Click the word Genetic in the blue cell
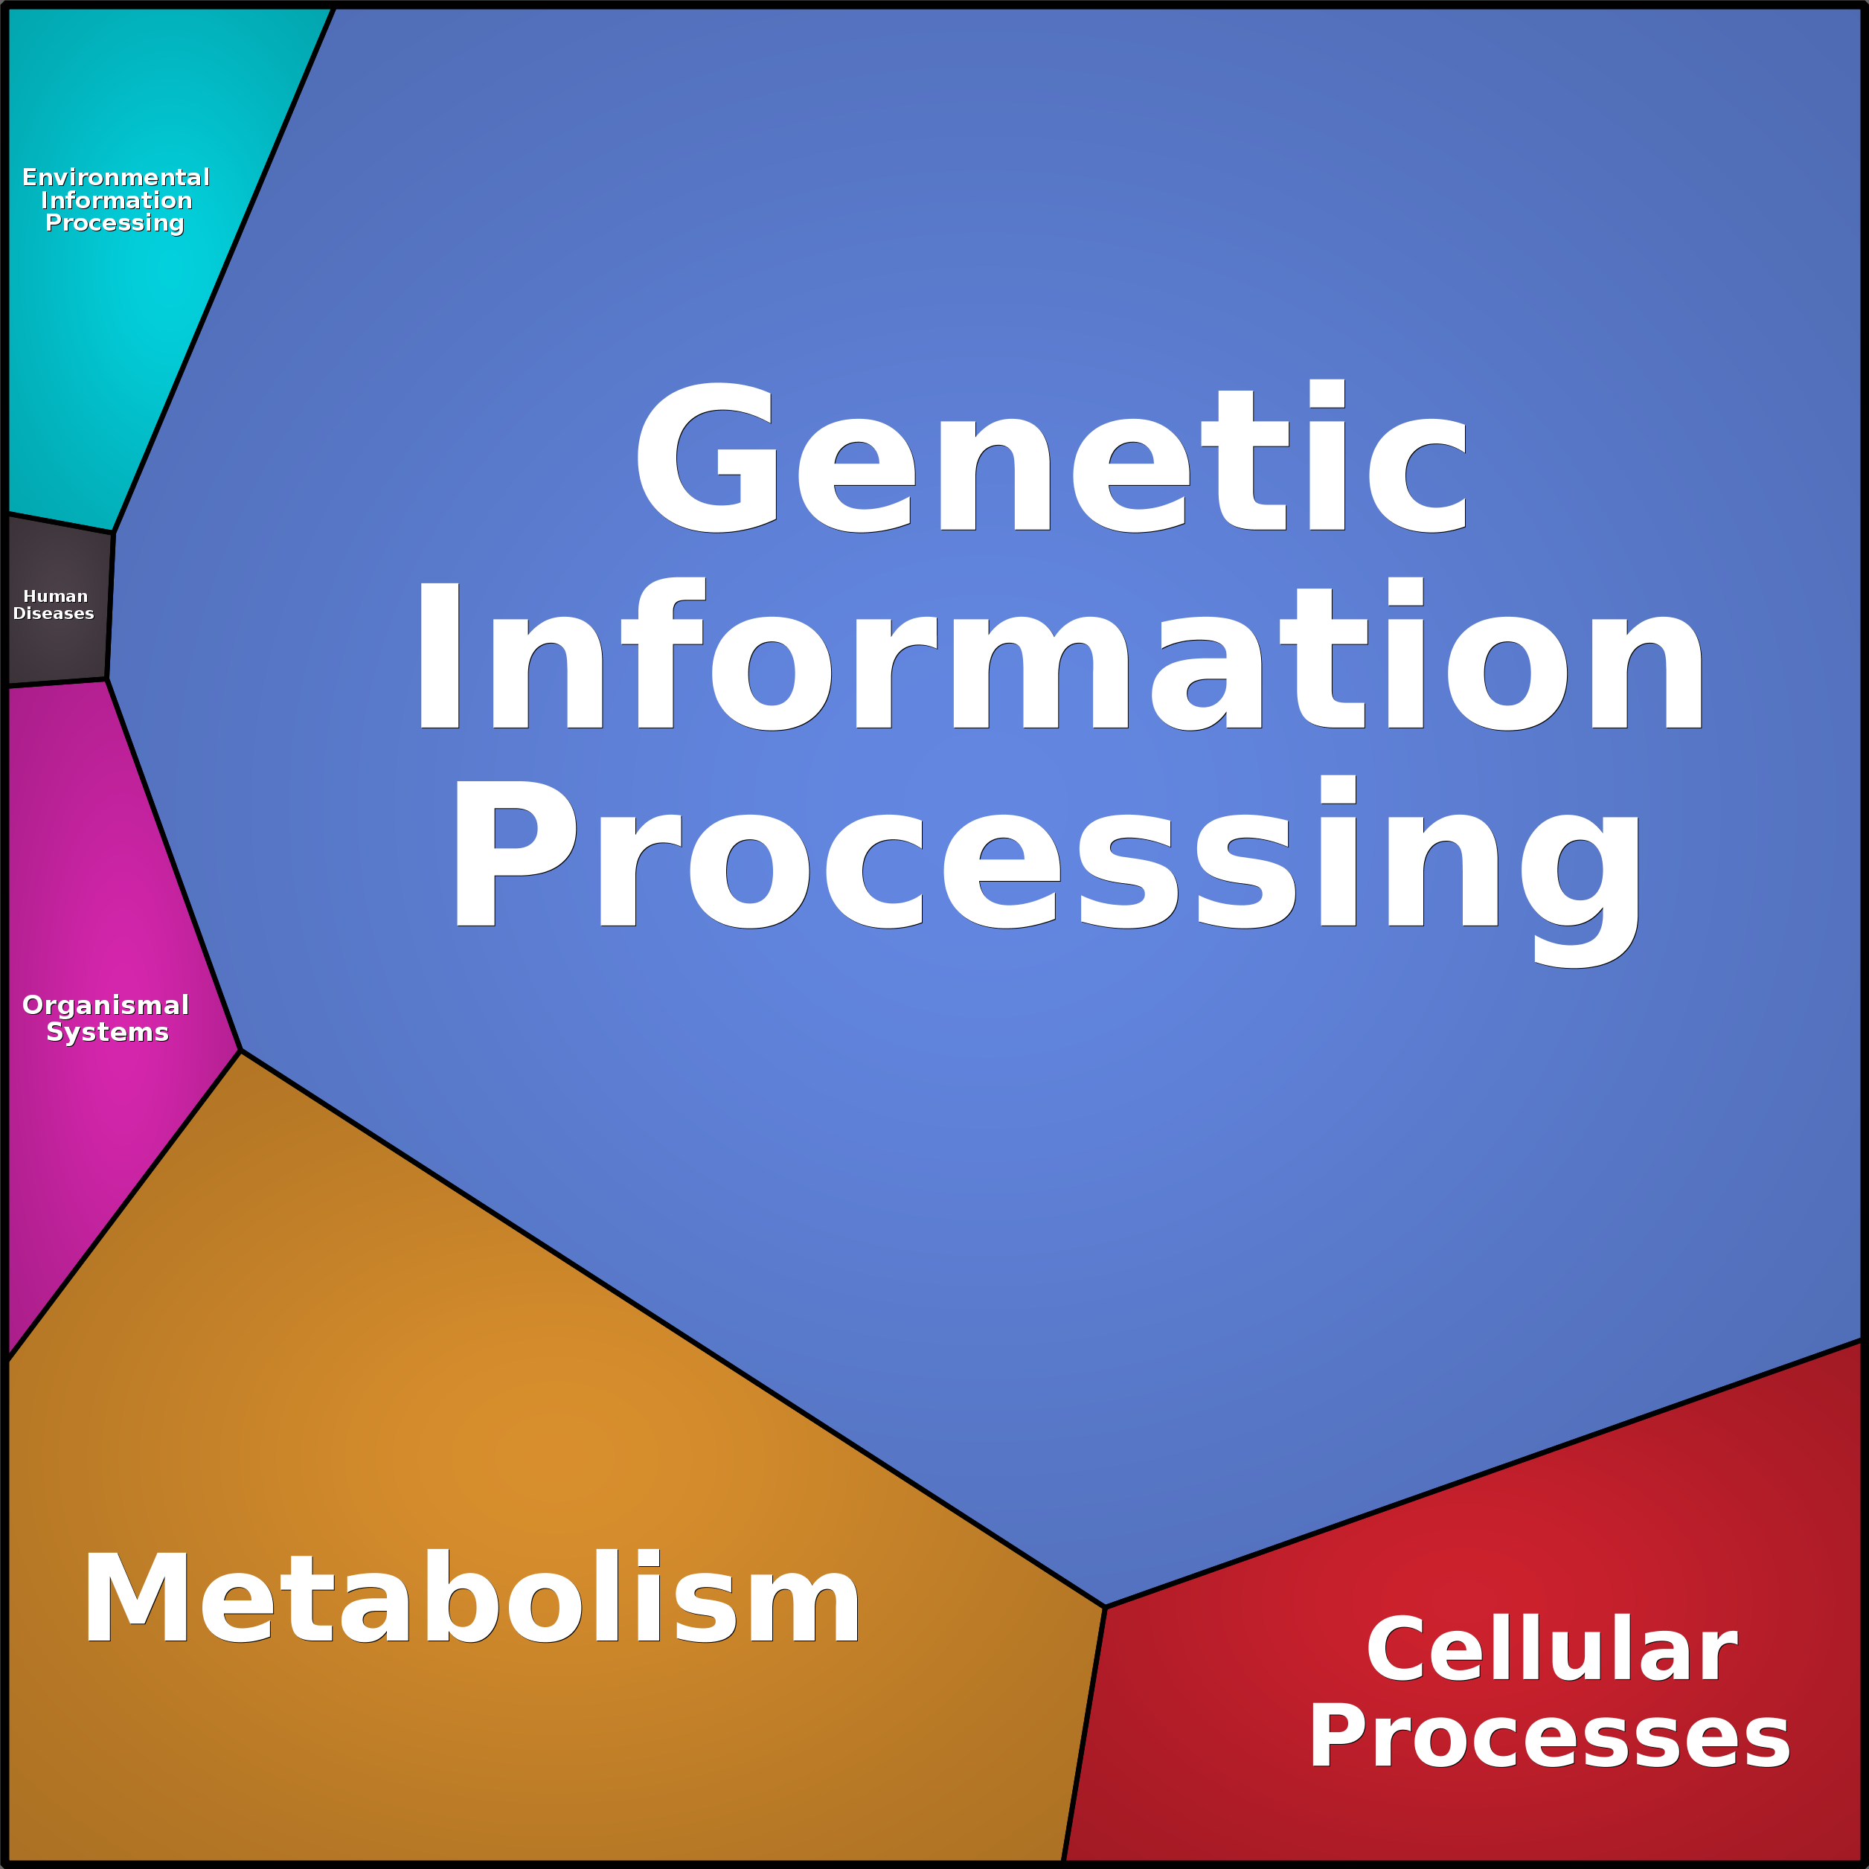pos(1051,457)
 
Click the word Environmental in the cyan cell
pos(116,177)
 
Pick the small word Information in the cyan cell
pos(116,200)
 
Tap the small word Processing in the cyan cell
pos(114,223)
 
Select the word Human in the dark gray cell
pos(55,596)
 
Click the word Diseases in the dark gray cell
pos(54,613)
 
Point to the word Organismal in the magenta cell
pos(106,1005)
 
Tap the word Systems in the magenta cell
pos(107,1032)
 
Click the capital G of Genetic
pos(706,457)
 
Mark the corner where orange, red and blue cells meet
pos(1105,1607)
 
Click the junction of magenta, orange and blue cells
pos(240,1051)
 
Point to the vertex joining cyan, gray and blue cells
pos(113,532)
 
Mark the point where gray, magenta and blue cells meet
pos(106,680)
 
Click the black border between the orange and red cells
pos(1085,1731)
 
